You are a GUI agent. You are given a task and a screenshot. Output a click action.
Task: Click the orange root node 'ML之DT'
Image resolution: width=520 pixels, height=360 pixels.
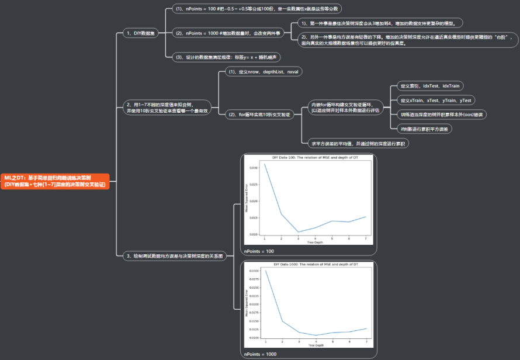click(55, 181)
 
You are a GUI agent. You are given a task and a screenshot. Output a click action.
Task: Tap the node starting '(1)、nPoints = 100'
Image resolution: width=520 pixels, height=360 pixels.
click(257, 9)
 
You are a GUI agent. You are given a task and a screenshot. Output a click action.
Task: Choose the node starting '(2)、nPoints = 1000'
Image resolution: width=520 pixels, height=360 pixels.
click(228, 33)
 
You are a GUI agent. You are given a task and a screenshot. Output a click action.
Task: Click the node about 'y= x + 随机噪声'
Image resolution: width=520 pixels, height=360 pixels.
click(227, 57)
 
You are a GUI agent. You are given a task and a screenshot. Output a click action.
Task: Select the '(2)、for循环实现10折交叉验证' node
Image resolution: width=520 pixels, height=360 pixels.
click(256, 115)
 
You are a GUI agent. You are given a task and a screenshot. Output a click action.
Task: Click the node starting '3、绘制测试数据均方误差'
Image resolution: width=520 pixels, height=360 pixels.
click(175, 255)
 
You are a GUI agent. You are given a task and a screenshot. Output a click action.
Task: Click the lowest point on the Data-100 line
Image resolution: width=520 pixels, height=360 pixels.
click(299, 231)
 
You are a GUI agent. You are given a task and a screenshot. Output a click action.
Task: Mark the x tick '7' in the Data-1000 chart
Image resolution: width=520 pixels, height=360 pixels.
click(366, 342)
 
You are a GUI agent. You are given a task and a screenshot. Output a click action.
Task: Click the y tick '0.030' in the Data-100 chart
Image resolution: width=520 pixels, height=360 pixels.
click(253, 168)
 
